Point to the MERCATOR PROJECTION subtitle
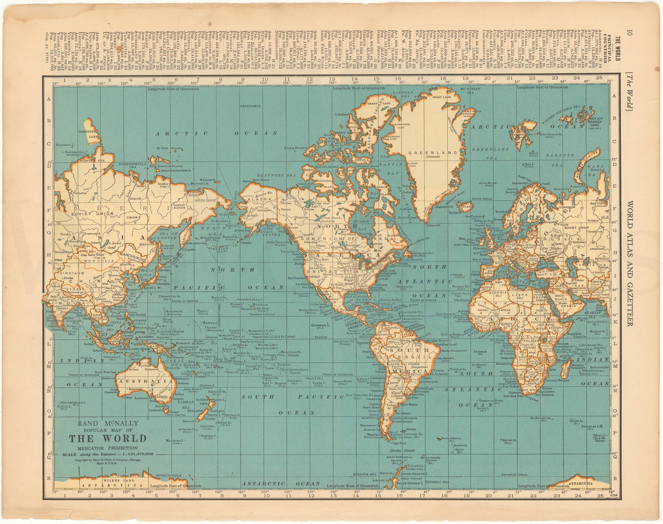pos(108,448)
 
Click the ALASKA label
pos(260,198)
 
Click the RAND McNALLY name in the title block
pos(108,423)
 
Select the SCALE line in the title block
pos(108,454)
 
